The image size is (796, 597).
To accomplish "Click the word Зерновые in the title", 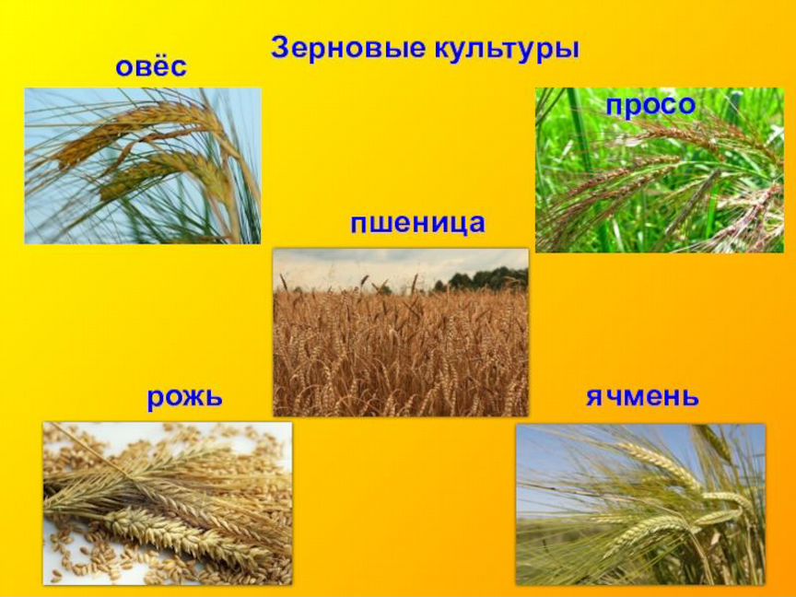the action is point(347,49).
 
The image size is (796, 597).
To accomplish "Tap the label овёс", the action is point(151,65).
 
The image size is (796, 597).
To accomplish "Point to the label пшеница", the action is point(417,223).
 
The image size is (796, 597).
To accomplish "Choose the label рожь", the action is point(184,397).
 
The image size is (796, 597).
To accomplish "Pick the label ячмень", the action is point(642,396).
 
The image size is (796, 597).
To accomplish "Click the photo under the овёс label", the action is point(143,166).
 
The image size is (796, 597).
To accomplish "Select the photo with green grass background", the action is point(660,170).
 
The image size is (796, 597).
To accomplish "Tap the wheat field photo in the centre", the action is point(401,333).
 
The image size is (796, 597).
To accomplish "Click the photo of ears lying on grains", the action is point(168,504).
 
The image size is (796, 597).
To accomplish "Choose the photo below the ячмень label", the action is point(640,505).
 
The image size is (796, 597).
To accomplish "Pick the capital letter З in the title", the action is point(280,49).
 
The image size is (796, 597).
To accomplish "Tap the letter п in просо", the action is point(615,107).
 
